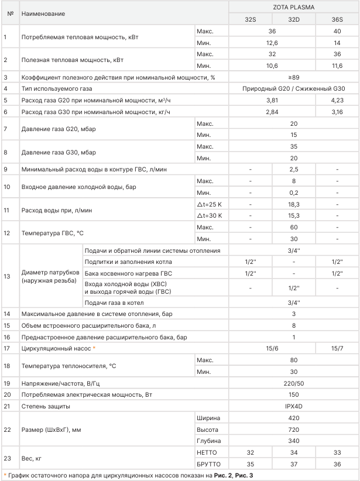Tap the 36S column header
[338, 19]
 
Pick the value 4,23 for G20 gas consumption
[338, 100]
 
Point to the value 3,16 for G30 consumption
[338, 112]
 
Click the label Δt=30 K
[210, 215]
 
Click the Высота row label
[209, 429]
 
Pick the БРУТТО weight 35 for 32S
[250, 464]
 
